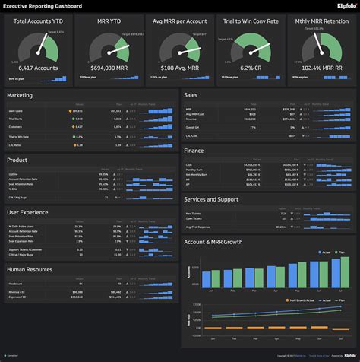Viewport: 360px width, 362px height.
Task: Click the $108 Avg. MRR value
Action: [x=178, y=68]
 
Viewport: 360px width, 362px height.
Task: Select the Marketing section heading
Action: [x=20, y=96]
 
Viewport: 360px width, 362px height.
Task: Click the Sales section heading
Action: [x=191, y=96]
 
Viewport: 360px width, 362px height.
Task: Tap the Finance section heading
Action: [x=194, y=151]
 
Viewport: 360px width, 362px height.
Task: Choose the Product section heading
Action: [x=17, y=160]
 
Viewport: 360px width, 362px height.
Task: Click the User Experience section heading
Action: [x=28, y=212]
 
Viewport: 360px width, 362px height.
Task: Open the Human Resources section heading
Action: [x=30, y=268]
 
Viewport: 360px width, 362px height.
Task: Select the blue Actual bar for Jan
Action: [x=205, y=280]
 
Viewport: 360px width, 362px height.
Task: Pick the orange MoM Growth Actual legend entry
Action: [x=298, y=301]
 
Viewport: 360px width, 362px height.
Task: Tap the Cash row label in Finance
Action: [x=189, y=164]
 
